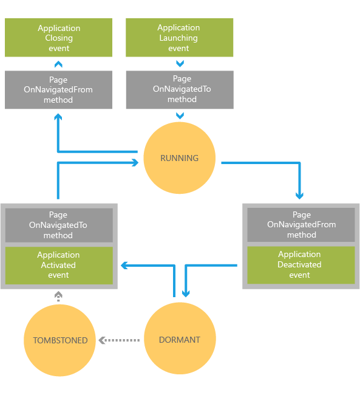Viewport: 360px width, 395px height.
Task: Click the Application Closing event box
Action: click(58, 37)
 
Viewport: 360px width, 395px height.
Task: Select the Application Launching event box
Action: click(180, 37)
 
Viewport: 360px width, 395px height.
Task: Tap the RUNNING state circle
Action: click(180, 158)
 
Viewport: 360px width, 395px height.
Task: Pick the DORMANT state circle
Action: click(180, 338)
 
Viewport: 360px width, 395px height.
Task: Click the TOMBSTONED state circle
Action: click(59, 340)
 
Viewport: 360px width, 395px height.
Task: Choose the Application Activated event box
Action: click(59, 266)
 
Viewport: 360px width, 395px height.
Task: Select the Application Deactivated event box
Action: click(301, 265)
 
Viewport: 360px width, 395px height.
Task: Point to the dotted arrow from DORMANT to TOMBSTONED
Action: click(119, 340)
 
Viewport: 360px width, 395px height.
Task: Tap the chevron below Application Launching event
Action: click(180, 63)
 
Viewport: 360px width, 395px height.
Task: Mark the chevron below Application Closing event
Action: click(58, 64)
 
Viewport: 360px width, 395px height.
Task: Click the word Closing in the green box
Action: click(59, 38)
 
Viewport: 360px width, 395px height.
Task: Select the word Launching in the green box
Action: click(178, 38)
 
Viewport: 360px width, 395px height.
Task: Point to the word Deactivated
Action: click(299, 264)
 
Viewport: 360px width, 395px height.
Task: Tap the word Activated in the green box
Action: click(58, 265)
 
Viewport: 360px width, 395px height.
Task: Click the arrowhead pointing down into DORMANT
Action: click(186, 294)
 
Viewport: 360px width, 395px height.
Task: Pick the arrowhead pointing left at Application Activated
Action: click(124, 266)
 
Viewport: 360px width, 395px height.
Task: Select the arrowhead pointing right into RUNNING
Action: click(135, 162)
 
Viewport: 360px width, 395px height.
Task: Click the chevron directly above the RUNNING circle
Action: click(180, 115)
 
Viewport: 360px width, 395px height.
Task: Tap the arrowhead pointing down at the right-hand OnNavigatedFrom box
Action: click(299, 196)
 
